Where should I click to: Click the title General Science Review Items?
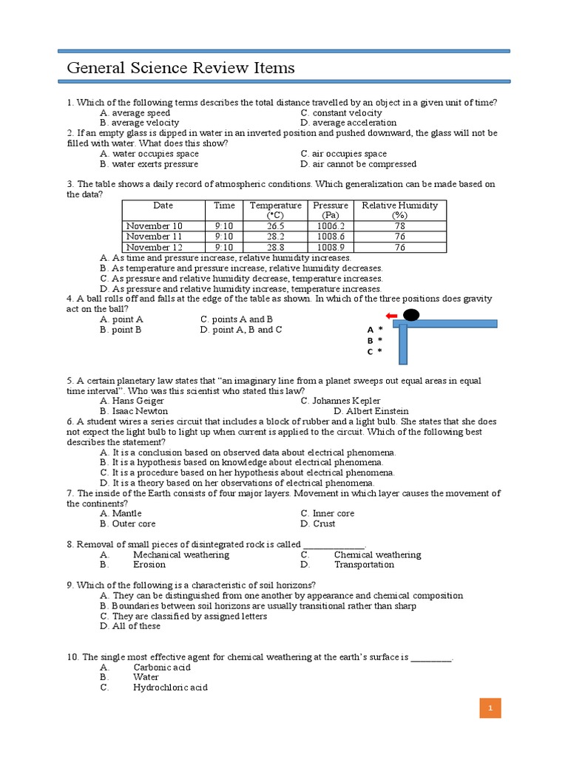(180, 68)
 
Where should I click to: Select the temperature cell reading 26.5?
(275, 226)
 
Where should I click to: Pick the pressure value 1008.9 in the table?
(331, 248)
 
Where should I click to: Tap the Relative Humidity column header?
(399, 210)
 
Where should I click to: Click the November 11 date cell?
(154, 237)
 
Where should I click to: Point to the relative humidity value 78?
(399, 226)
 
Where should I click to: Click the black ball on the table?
(411, 316)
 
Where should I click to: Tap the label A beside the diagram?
(371, 330)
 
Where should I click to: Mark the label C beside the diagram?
(371, 352)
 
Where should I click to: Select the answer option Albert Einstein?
(371, 411)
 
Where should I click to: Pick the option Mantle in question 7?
(121, 513)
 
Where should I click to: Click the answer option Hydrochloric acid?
(170, 688)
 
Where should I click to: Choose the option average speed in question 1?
(135, 113)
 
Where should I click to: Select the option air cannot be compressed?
(358, 164)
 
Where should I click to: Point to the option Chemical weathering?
(377, 554)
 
